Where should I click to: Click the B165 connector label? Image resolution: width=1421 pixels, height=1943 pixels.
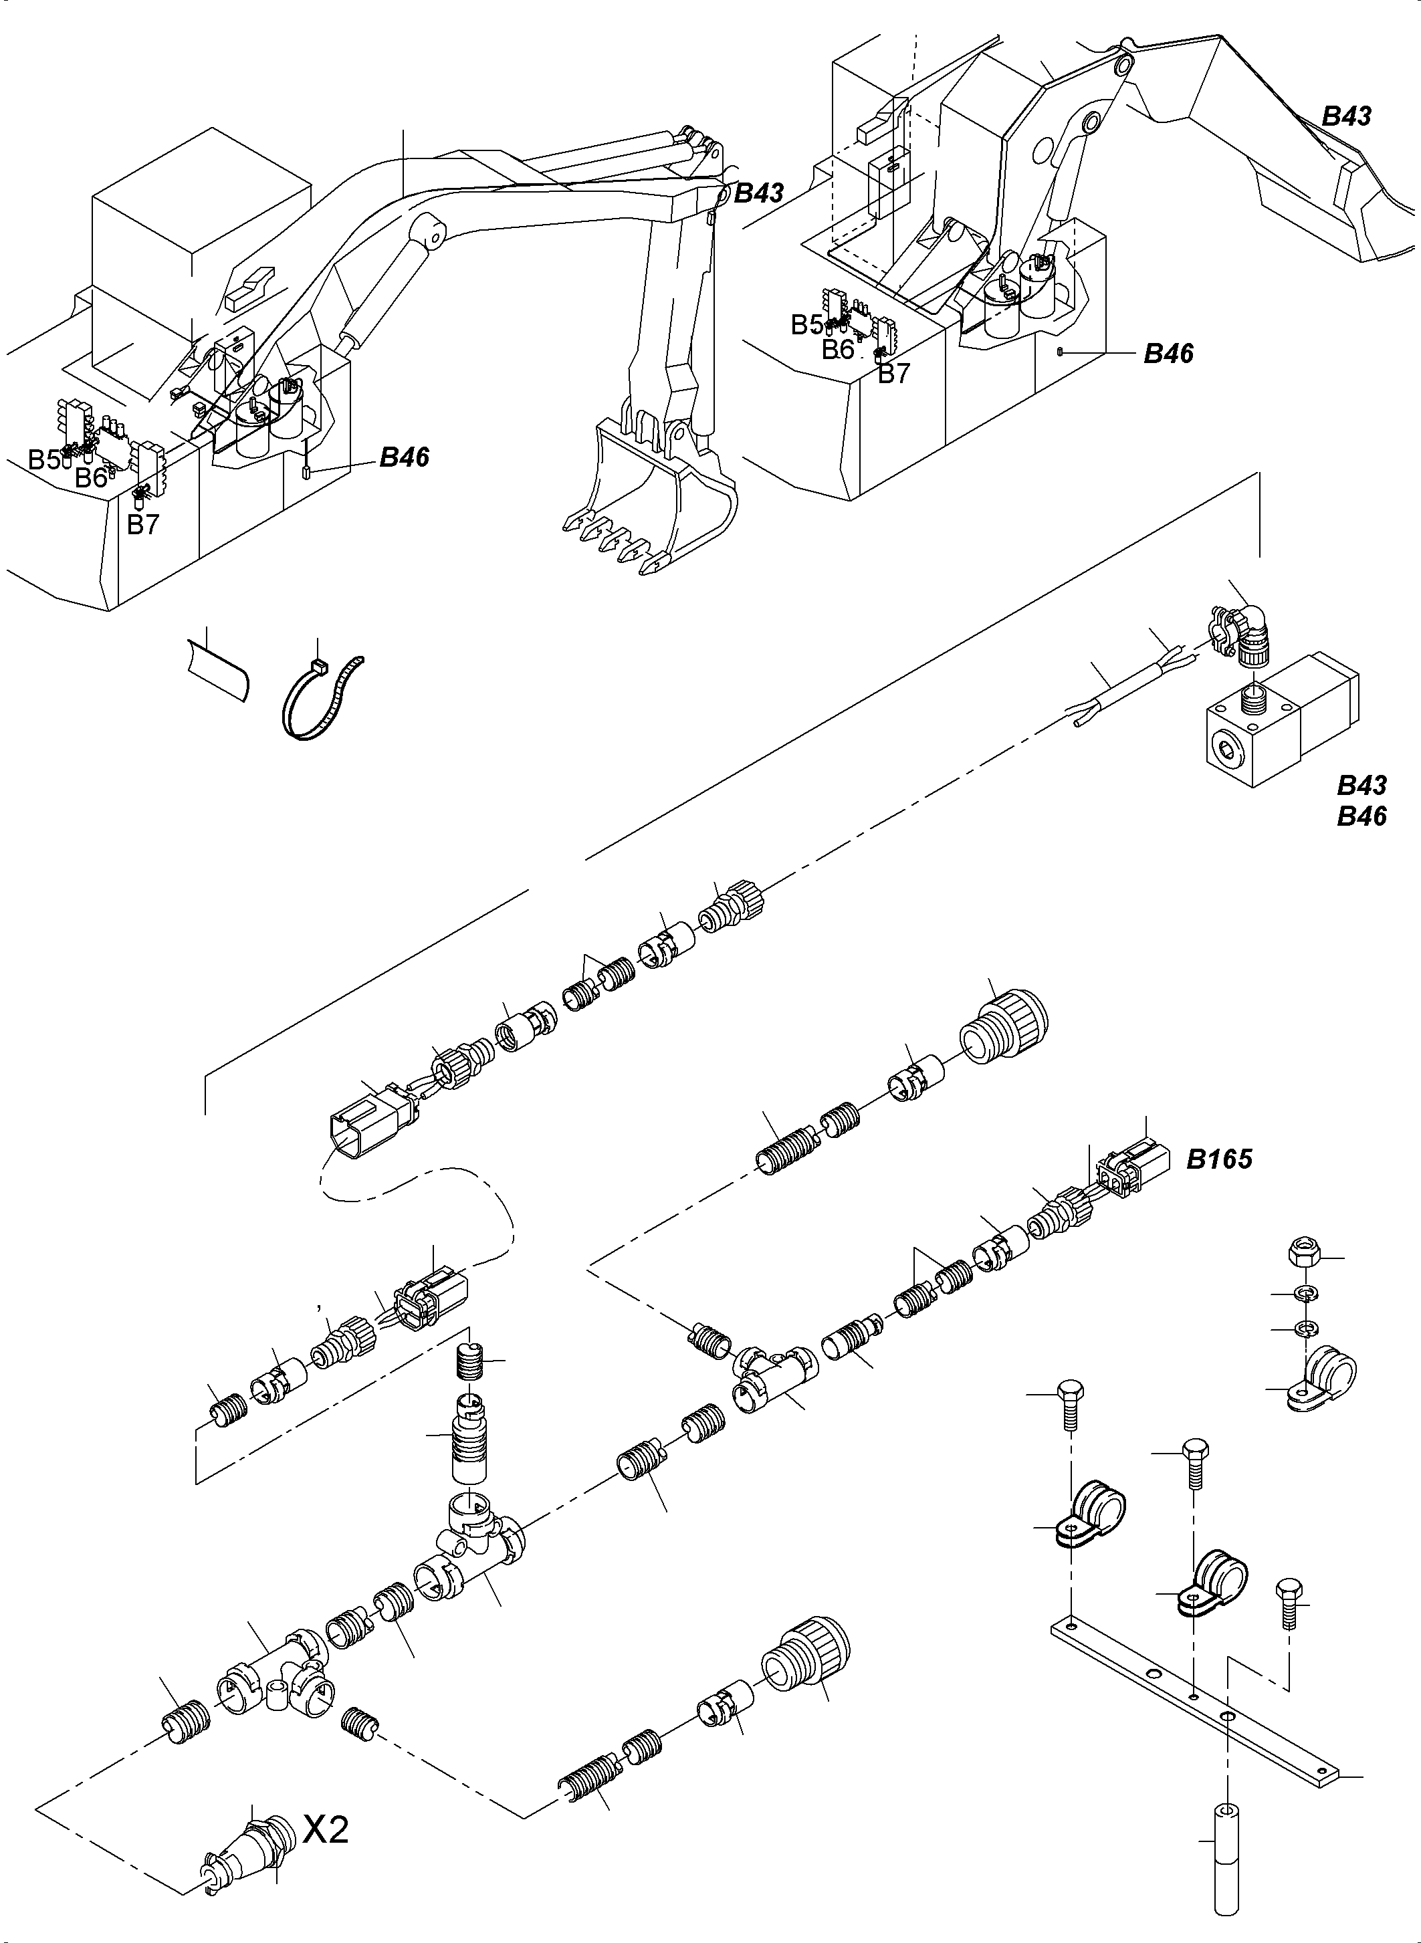point(1219,1159)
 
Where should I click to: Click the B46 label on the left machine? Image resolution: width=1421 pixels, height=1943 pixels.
point(405,457)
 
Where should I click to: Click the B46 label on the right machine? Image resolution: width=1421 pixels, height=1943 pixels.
point(1168,354)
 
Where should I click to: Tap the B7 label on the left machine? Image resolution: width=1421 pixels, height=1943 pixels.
point(143,524)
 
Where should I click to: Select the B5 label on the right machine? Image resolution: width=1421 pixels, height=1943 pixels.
point(806,324)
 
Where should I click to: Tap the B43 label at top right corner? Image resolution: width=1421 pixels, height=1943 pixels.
point(1346,116)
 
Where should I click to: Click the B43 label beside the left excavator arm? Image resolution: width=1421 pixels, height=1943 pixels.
point(759,193)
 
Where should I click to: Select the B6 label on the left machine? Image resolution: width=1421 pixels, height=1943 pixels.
point(91,478)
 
